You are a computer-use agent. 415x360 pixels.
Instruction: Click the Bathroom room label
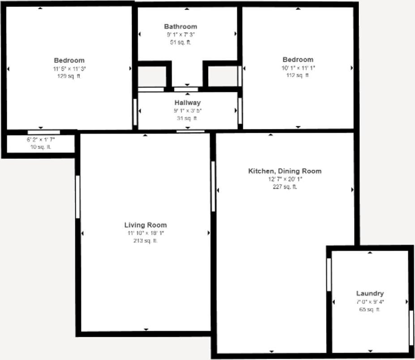(180, 26)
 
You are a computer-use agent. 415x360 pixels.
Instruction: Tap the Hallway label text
(188, 103)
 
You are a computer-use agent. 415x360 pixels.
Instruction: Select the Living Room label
(145, 225)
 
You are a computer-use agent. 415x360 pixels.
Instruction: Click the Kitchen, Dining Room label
(285, 171)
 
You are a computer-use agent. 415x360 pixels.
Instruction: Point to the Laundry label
(370, 293)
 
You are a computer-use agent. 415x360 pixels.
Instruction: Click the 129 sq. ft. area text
(69, 76)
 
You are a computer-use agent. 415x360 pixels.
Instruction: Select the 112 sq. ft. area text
(298, 75)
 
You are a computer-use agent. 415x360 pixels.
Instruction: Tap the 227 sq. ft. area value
(285, 187)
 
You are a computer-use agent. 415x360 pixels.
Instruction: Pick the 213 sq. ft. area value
(145, 241)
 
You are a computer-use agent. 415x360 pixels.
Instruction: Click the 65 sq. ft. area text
(370, 309)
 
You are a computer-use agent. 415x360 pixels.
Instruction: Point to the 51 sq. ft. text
(180, 42)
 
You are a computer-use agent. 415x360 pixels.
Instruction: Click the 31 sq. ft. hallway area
(188, 119)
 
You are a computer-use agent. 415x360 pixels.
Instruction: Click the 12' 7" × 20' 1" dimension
(285, 179)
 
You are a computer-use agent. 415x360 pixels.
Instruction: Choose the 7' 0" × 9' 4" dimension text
(370, 302)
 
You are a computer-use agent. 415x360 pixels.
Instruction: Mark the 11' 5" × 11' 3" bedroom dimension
(69, 68)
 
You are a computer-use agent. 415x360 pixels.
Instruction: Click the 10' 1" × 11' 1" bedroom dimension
(298, 68)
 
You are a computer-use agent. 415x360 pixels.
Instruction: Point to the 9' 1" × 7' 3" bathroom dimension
(180, 34)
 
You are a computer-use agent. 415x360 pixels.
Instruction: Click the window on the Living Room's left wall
(78, 197)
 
